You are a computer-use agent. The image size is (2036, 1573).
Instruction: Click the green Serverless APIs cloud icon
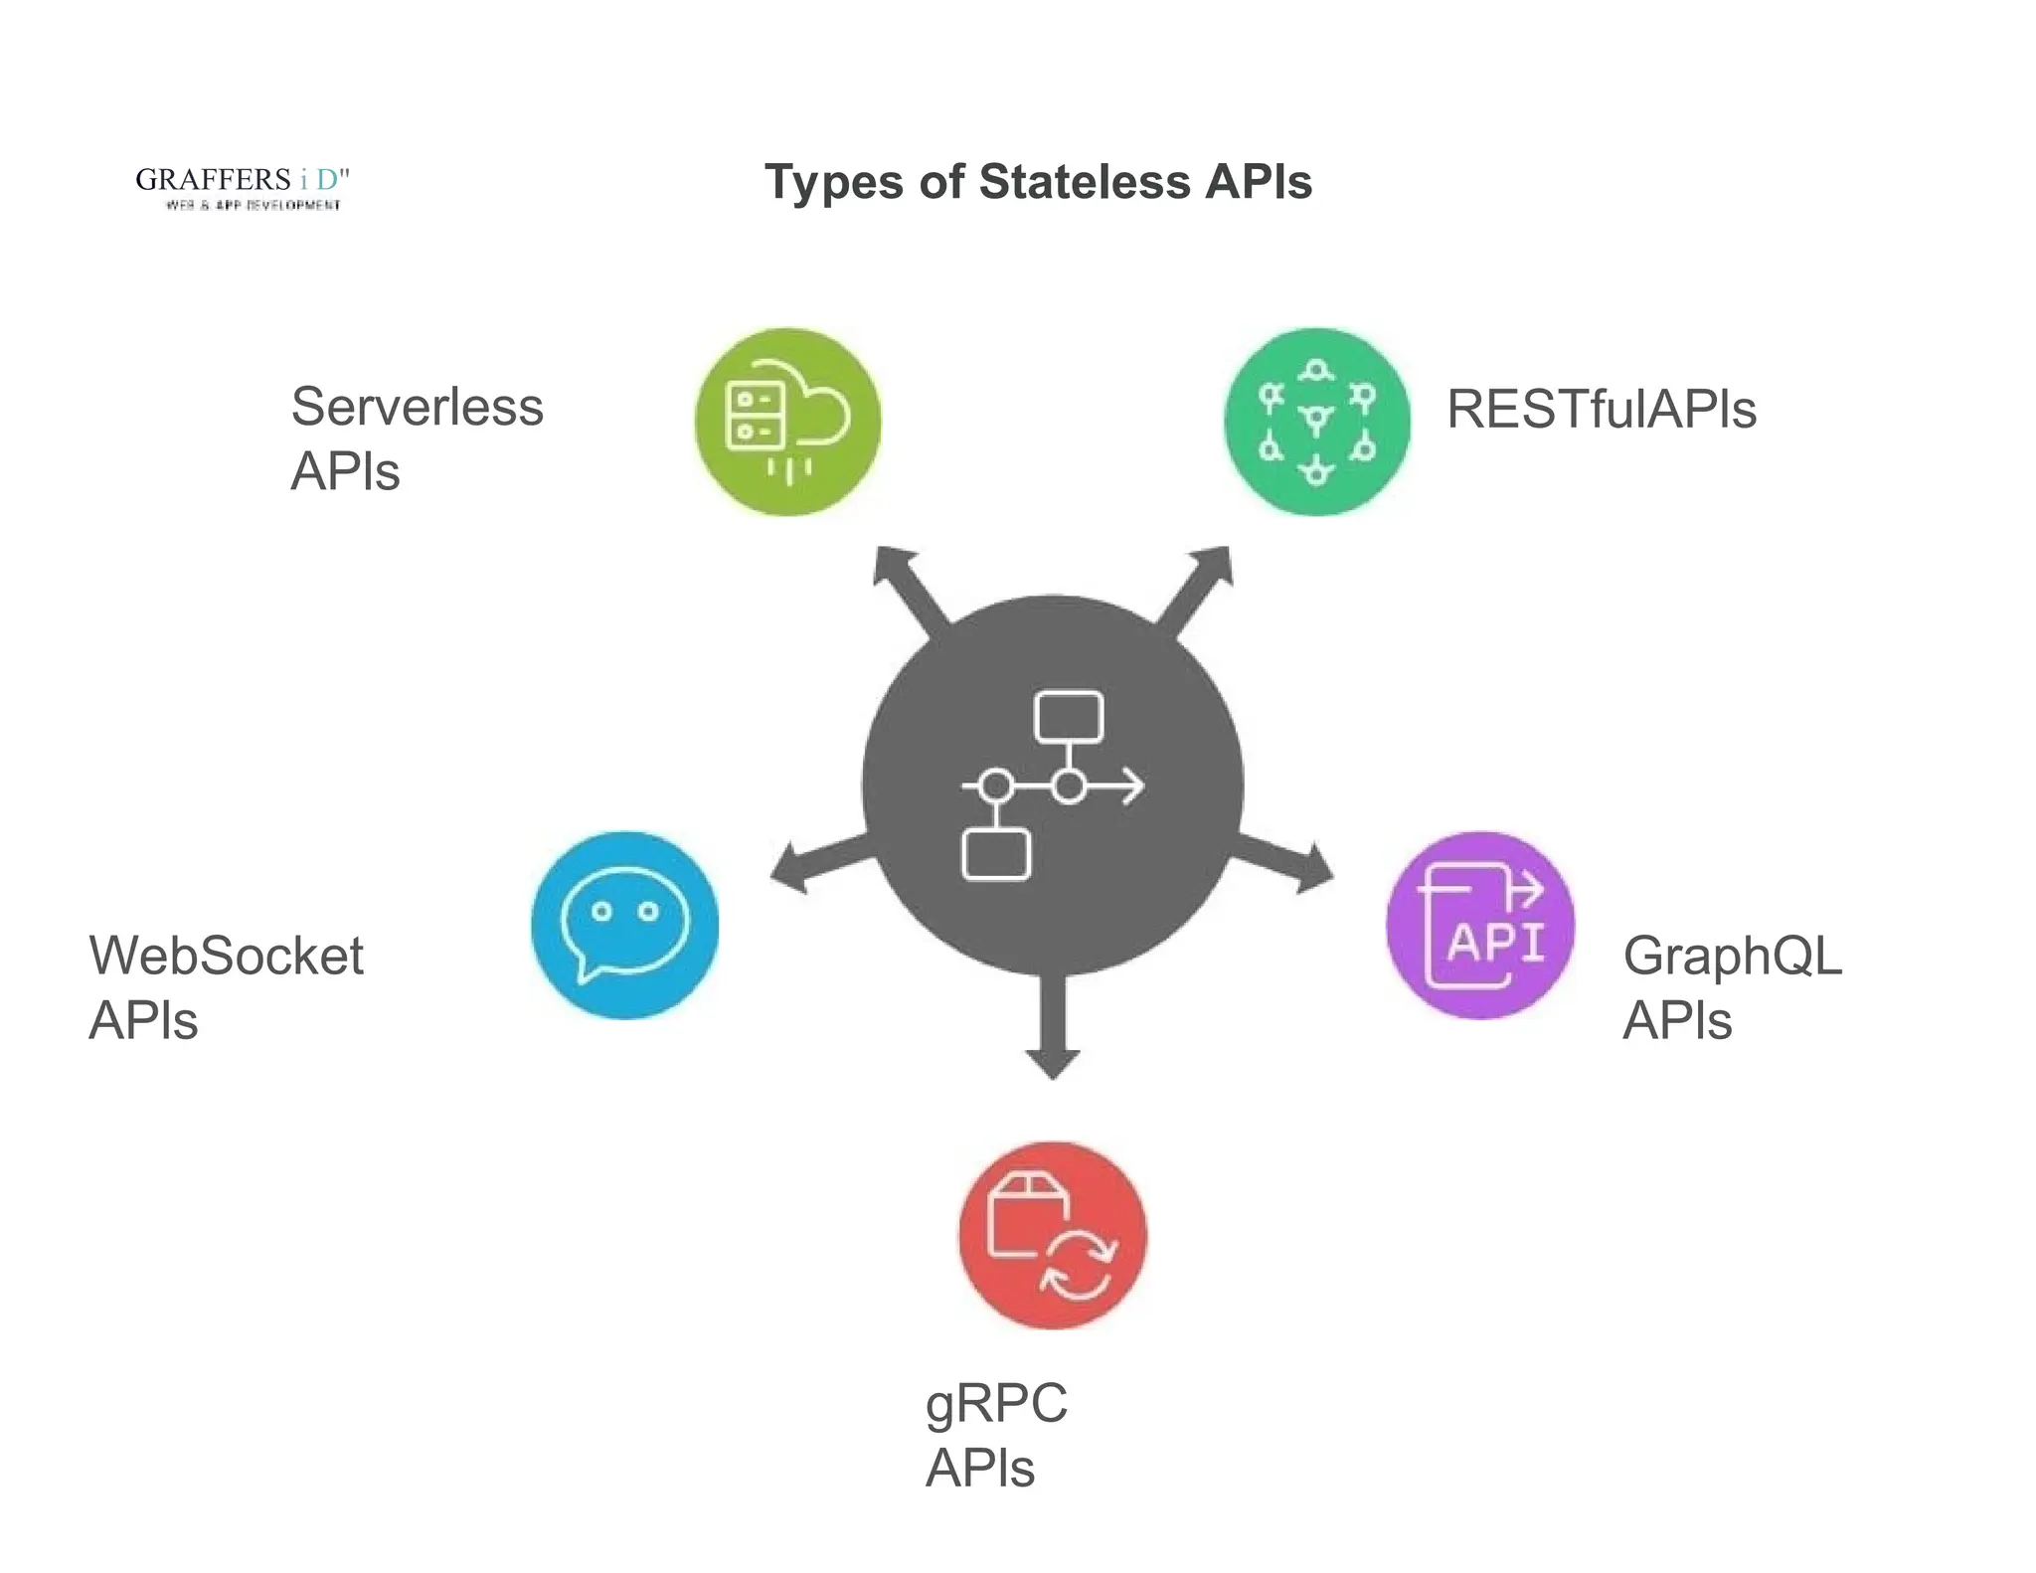(x=787, y=422)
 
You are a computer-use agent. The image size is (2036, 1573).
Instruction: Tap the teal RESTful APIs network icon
(x=1317, y=422)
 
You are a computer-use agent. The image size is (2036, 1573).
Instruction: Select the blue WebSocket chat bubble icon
(x=624, y=925)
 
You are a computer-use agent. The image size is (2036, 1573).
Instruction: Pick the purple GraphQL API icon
(x=1480, y=925)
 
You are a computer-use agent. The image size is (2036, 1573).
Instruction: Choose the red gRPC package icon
(x=1053, y=1235)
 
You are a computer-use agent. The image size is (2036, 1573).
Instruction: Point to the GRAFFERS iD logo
(x=243, y=187)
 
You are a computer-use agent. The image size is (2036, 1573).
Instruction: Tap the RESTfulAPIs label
(x=1601, y=409)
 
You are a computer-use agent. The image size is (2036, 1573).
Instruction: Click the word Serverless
(x=417, y=407)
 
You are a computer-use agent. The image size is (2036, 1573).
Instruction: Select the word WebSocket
(x=227, y=956)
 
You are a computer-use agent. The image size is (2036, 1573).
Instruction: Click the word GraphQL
(x=1732, y=956)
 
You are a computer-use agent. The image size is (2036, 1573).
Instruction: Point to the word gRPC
(x=996, y=1403)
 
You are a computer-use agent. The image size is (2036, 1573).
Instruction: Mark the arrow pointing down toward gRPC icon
(x=1053, y=1034)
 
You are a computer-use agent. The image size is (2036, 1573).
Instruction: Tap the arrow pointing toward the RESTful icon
(x=1199, y=586)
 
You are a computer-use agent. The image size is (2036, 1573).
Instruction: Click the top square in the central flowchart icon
(x=1069, y=716)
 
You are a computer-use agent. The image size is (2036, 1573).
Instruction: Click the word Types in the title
(x=833, y=182)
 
